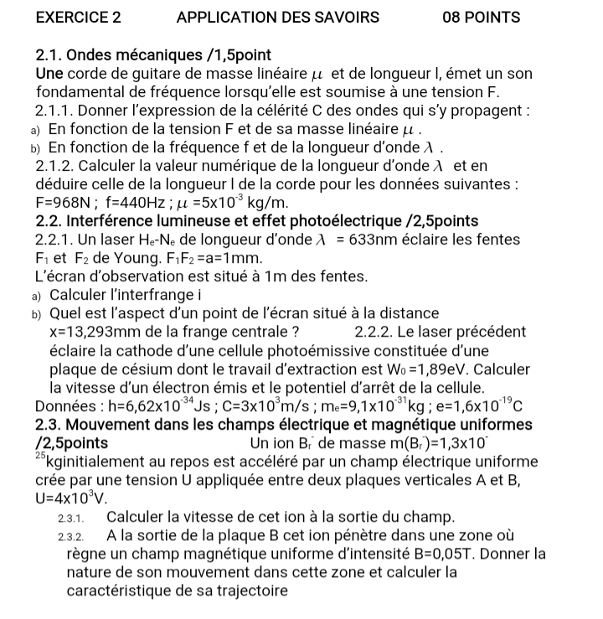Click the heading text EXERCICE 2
80,17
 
